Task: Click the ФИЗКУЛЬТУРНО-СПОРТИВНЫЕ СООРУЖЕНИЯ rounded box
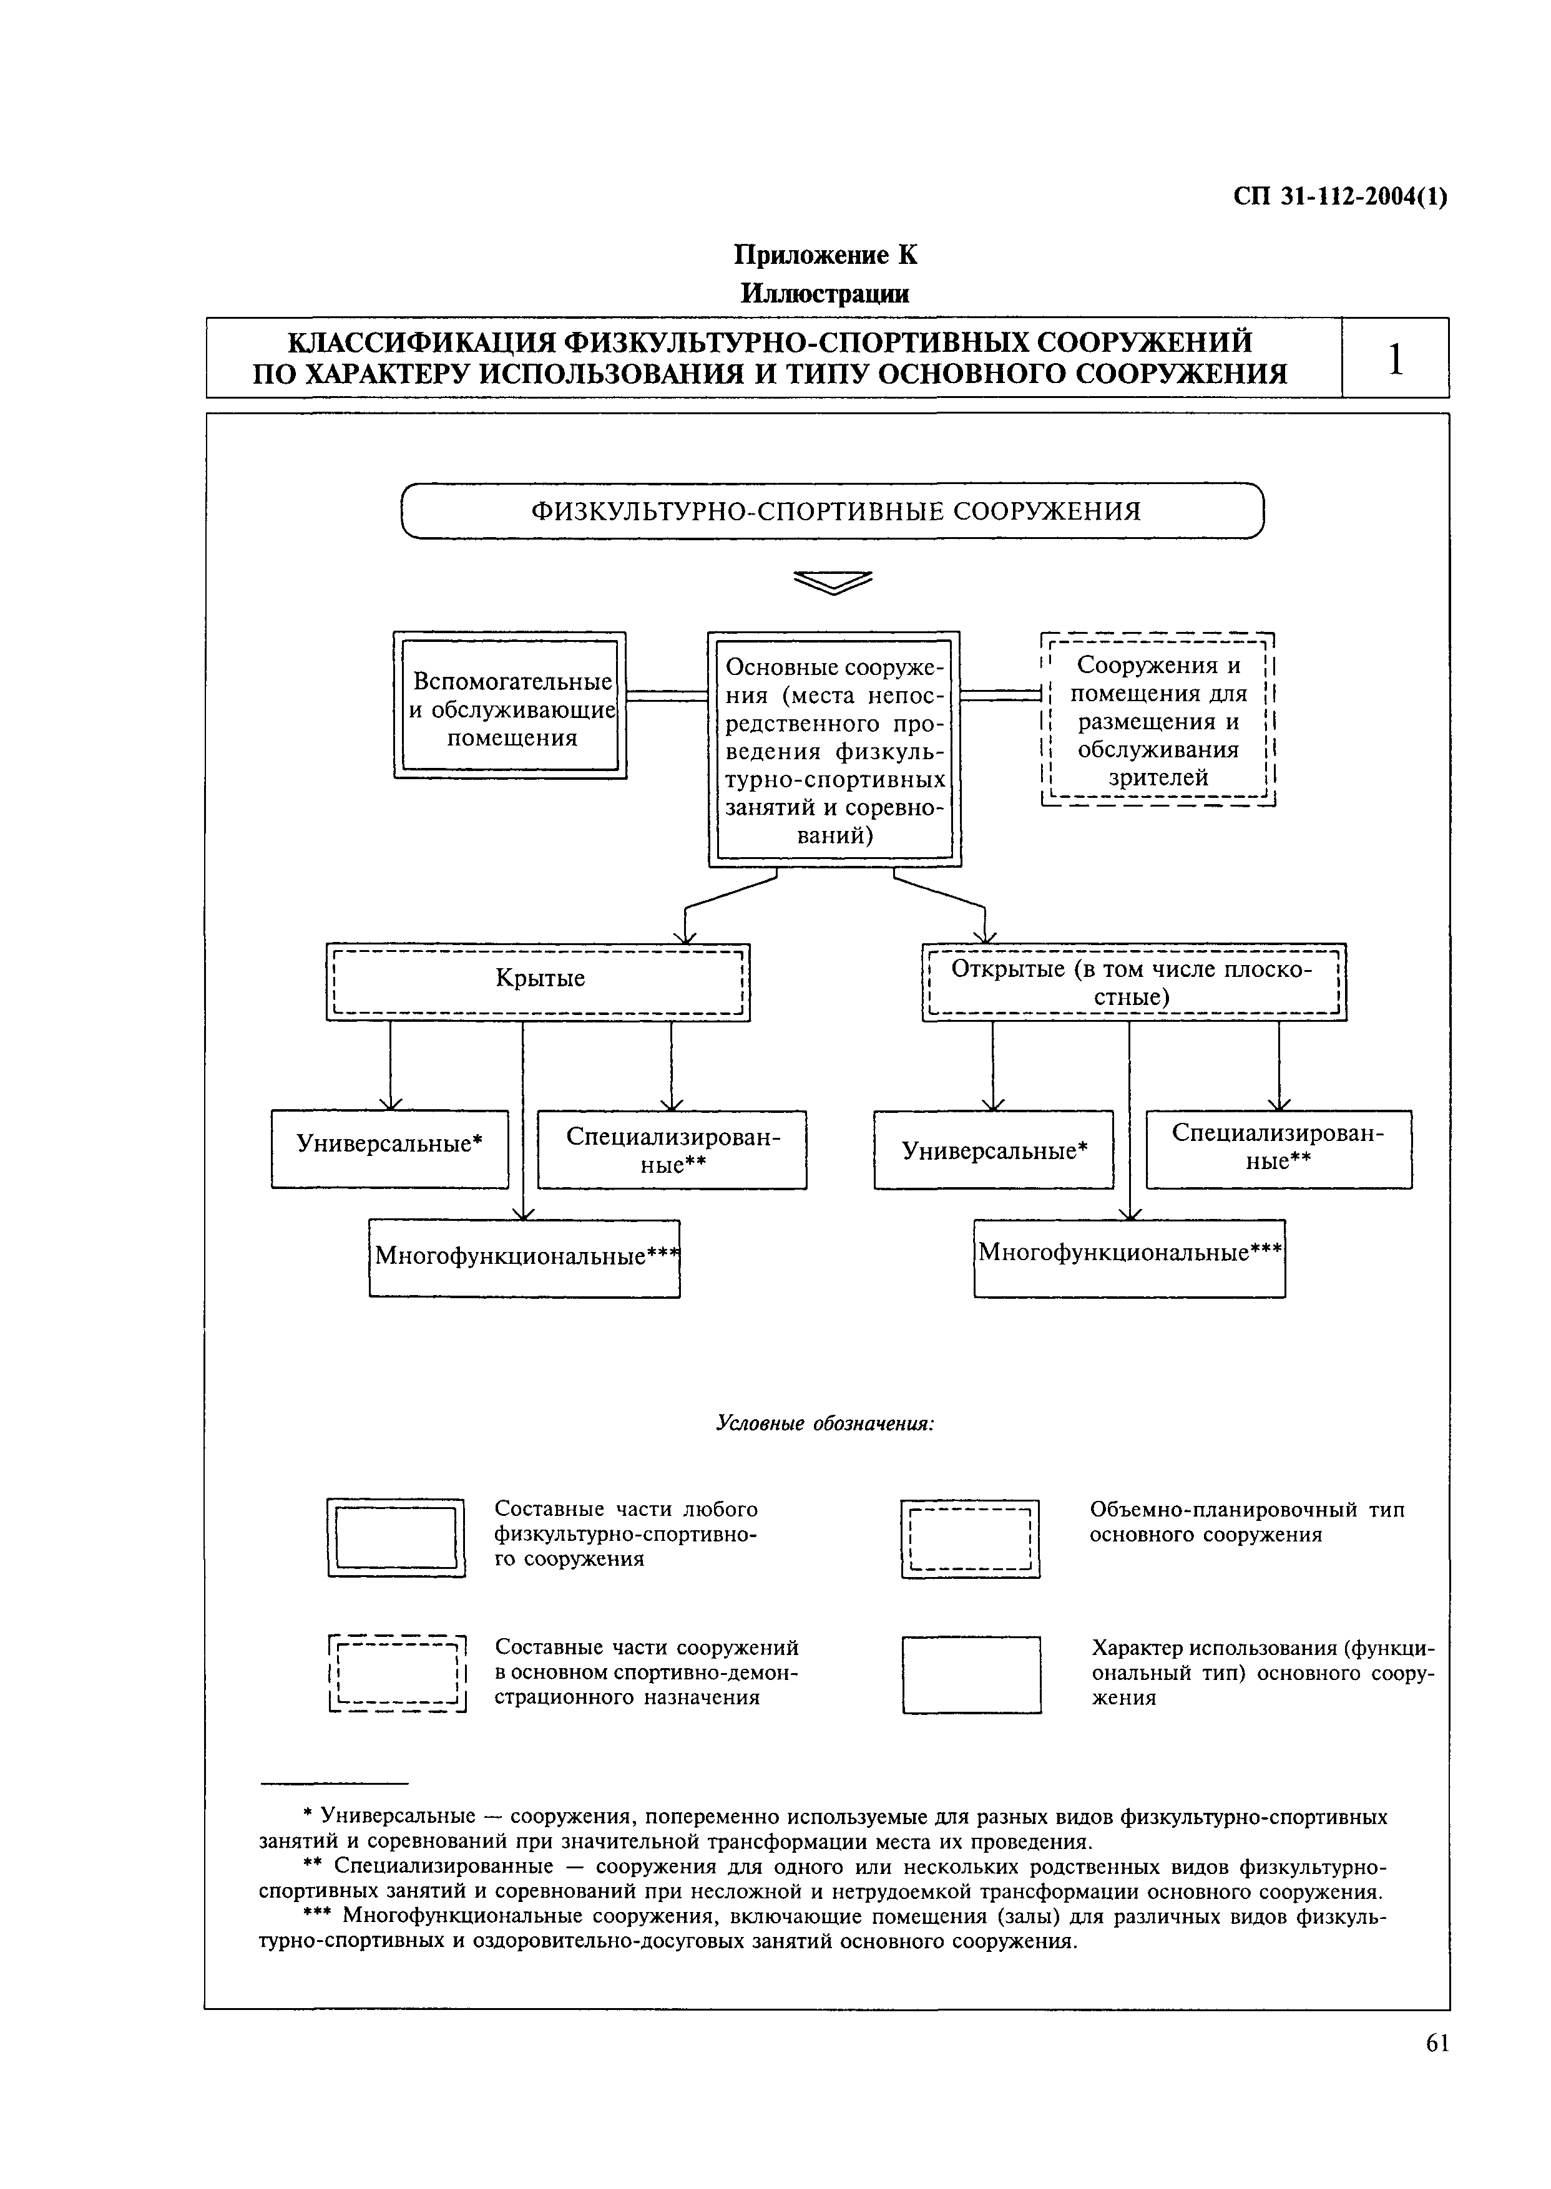tap(833, 512)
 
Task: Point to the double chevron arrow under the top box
tap(833, 581)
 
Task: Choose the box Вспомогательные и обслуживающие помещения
tap(510, 706)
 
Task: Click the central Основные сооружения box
tap(834, 749)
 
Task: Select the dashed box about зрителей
tap(1158, 721)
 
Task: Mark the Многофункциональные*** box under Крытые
tap(524, 1257)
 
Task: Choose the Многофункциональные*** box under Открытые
tap(1129, 1257)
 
